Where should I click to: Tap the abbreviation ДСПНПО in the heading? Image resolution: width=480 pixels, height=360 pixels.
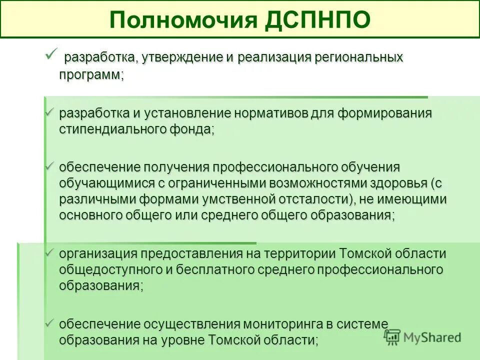click(x=317, y=20)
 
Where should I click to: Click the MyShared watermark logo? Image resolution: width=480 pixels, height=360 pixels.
click(x=422, y=337)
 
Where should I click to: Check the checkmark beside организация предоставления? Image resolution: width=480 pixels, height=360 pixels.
click(x=50, y=253)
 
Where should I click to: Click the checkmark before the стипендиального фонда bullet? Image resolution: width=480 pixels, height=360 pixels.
click(x=50, y=112)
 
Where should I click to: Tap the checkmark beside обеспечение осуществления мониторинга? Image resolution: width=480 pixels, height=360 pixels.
click(x=50, y=323)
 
